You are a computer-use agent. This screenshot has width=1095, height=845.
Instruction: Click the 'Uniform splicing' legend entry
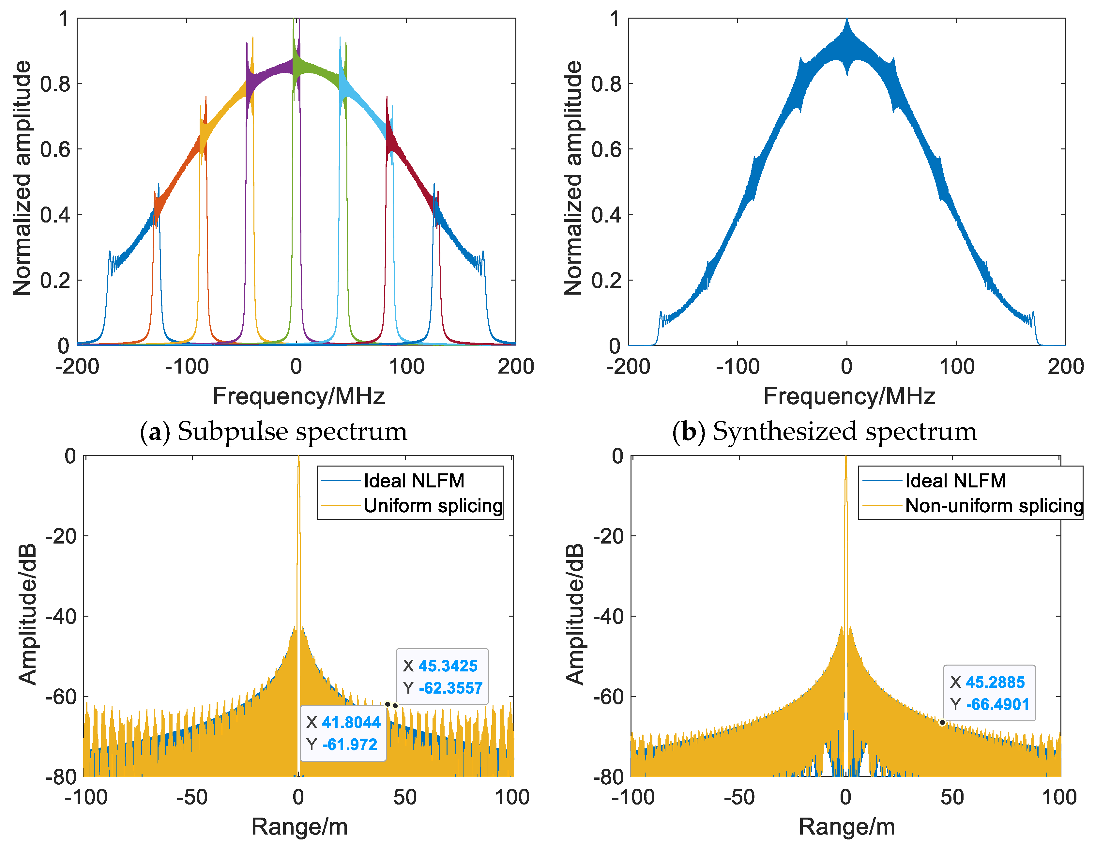click(433, 505)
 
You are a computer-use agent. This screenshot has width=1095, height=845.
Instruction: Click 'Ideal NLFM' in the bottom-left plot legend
click(414, 481)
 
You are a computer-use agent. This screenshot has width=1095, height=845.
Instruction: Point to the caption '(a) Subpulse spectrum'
click(273, 431)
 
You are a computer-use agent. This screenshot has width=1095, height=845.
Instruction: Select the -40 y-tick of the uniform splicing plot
click(61, 616)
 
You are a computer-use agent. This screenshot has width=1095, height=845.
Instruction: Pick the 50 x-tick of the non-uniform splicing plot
click(952, 797)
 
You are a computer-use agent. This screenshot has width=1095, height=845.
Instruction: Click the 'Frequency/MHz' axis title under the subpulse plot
click(298, 396)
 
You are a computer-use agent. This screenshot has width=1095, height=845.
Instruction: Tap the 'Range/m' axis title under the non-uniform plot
click(846, 826)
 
